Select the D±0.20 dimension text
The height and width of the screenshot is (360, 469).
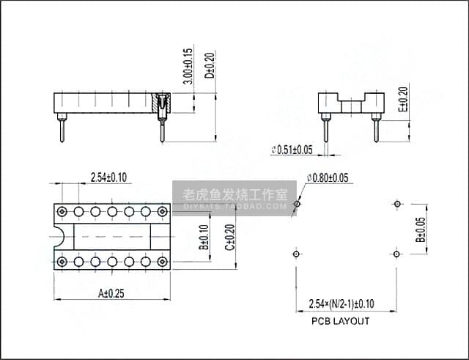coord(209,67)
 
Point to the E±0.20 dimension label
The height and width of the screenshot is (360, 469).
coord(402,100)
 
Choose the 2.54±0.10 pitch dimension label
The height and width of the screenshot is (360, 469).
coord(108,177)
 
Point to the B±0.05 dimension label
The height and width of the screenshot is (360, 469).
coord(421,229)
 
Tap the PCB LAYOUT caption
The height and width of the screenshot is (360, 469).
coord(340,321)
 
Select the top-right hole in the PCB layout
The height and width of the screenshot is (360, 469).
coord(396,204)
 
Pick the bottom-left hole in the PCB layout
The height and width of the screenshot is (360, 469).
coord(295,254)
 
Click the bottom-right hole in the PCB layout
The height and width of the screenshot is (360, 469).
coord(396,254)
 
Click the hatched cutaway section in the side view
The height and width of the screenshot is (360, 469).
coord(161,106)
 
